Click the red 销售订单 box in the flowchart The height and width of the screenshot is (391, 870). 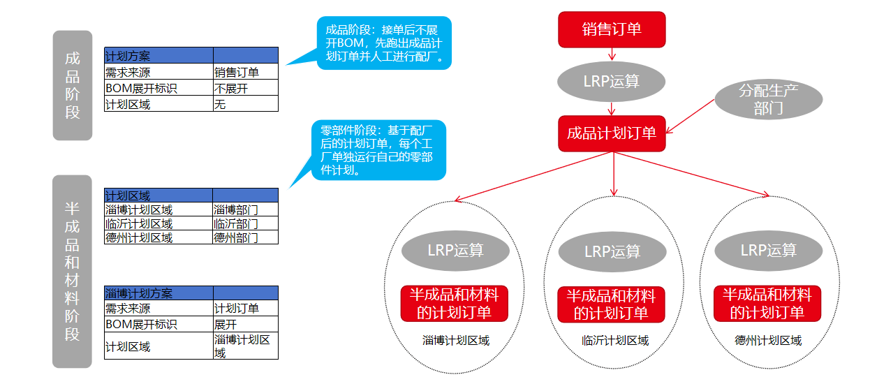[x=612, y=29]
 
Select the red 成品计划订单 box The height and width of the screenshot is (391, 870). [x=612, y=133]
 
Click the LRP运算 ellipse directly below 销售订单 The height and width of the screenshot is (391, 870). [x=612, y=81]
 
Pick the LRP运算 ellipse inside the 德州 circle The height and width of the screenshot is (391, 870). [x=768, y=250]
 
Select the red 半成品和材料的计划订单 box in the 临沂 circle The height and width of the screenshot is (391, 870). [x=611, y=304]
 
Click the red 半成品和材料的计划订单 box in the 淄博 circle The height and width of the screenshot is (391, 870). [x=455, y=304]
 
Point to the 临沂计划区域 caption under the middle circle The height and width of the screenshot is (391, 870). [x=611, y=341]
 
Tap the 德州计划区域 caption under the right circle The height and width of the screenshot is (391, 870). [x=768, y=341]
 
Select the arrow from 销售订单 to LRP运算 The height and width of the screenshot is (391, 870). [x=612, y=54]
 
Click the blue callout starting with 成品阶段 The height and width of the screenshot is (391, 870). [x=384, y=43]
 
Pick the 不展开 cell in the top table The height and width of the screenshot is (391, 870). [x=245, y=89]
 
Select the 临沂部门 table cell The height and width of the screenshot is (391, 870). [x=245, y=224]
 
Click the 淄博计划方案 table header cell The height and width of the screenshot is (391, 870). [x=158, y=293]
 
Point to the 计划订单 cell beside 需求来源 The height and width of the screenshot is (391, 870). [x=245, y=309]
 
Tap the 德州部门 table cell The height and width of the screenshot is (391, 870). [x=245, y=237]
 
